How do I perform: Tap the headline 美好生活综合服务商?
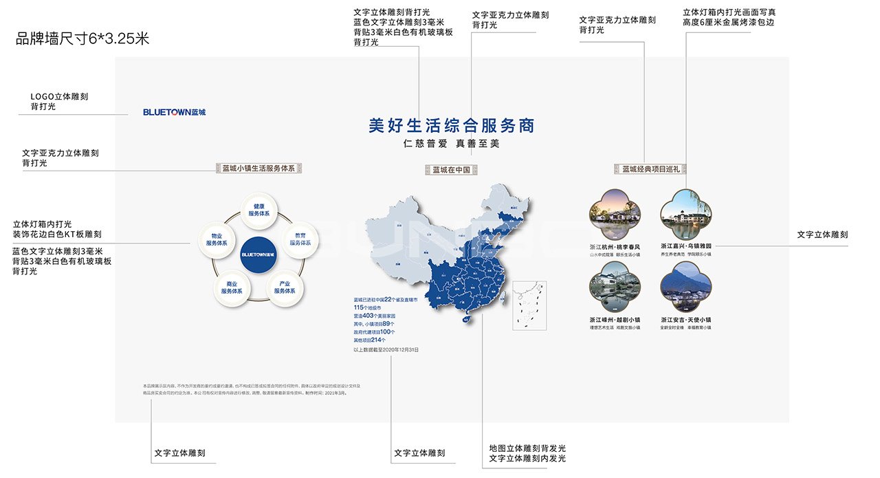coord(451,126)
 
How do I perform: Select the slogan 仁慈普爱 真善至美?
coord(451,144)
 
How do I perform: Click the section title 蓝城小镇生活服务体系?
coord(258,168)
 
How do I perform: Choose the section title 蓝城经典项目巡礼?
coord(650,169)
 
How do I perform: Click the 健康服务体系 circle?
coord(259,210)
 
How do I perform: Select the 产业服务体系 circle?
coord(285,287)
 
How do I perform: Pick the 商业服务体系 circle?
coord(232,287)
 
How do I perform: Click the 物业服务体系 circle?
coord(216,239)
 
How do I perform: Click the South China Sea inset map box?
coord(529,306)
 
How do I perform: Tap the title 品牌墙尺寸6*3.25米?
coord(82,39)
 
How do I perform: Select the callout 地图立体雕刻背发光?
coord(527,448)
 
